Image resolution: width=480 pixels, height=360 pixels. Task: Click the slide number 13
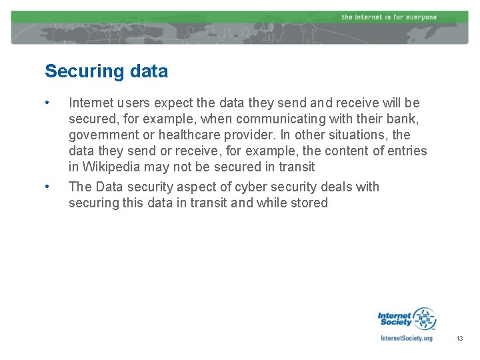click(x=459, y=339)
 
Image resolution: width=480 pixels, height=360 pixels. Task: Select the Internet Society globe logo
click(x=423, y=319)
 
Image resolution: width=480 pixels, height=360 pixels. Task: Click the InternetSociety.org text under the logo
click(x=406, y=338)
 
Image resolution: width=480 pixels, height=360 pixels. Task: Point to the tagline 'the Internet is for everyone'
click(x=389, y=17)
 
